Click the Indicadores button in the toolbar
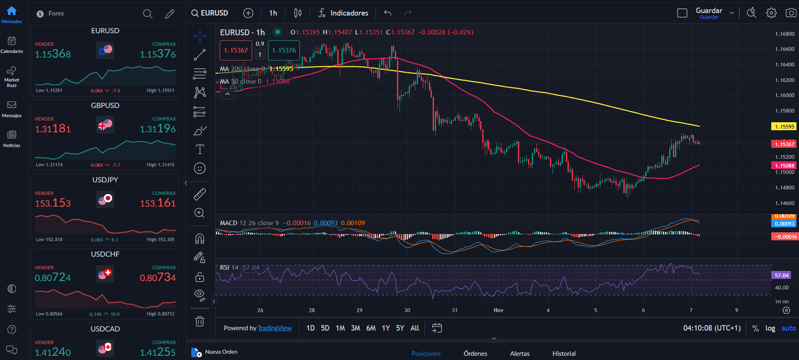pos(343,13)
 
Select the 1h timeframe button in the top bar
pos(273,13)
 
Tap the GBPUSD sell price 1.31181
pos(53,129)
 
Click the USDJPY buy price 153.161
pos(158,203)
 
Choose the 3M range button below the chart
pos(355,328)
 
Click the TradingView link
pos(274,328)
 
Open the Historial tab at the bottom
pos(564,354)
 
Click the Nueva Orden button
pos(215,352)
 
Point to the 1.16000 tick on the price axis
pos(784,95)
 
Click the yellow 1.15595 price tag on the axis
pos(784,126)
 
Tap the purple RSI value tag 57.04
pos(781,276)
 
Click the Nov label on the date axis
pos(498,310)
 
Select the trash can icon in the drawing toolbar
pos(200,321)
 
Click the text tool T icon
pos(200,150)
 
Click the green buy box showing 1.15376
pos(284,50)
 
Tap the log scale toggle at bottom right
pos(770,328)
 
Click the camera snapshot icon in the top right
pos(791,13)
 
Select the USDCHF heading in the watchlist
pos(105,254)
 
